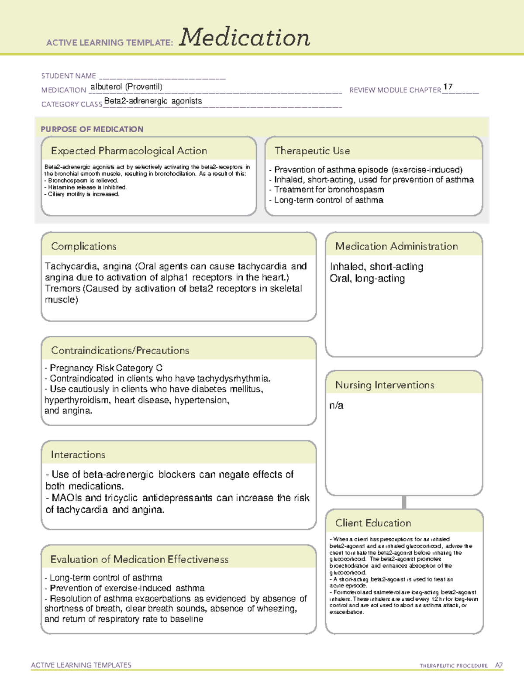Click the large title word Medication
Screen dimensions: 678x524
click(245, 38)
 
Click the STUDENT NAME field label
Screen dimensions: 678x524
click(69, 76)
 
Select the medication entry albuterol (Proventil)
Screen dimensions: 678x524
click(126, 87)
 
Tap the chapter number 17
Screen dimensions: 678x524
click(448, 87)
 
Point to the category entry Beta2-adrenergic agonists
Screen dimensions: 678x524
click(153, 101)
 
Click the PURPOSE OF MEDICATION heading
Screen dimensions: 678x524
click(92, 129)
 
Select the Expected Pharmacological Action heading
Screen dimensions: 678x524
click(129, 151)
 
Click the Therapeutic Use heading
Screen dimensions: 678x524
click(312, 151)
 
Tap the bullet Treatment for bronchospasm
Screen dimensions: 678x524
click(329, 189)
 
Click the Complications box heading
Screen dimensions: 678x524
click(84, 246)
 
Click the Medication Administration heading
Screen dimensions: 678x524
click(396, 246)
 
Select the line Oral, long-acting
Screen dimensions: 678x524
click(367, 279)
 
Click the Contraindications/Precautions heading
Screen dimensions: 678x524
click(120, 351)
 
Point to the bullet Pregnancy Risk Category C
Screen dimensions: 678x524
click(106, 368)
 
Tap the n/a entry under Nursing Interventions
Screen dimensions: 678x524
click(336, 406)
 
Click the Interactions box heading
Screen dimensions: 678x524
click(78, 455)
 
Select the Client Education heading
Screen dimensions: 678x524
click(373, 523)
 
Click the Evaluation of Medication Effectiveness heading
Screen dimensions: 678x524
click(139, 559)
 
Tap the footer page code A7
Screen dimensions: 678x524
click(499, 665)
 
